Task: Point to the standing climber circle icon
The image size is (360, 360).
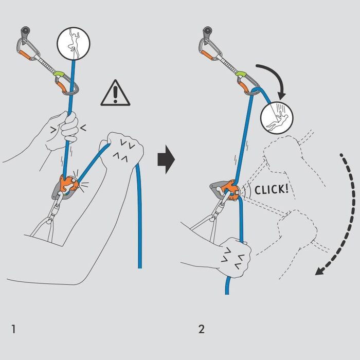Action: pos(73,43)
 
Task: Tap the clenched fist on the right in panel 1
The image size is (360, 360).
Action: pos(122,151)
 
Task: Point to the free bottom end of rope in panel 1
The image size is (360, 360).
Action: pos(139,265)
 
